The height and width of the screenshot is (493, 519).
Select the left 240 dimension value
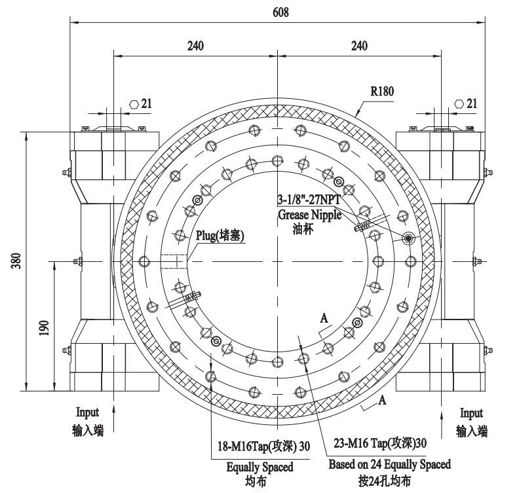[195, 46]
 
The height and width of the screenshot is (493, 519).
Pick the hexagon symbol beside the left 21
[134, 104]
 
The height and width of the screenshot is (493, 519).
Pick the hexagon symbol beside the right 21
[459, 104]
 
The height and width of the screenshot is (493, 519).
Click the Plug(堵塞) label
[221, 237]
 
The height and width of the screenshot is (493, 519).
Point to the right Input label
[471, 413]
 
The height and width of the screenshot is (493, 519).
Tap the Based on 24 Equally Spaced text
[389, 464]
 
